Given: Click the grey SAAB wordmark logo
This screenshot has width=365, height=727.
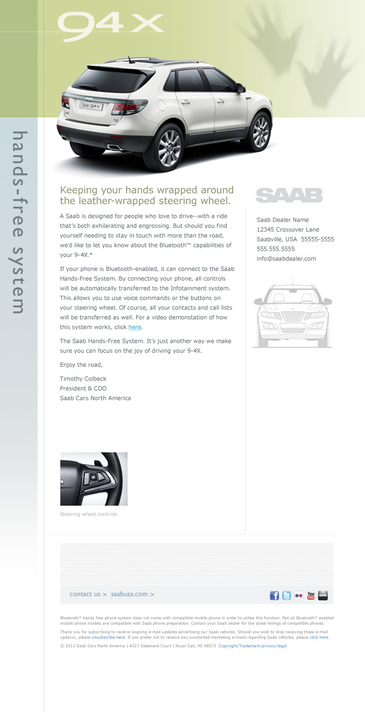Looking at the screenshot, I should [289, 195].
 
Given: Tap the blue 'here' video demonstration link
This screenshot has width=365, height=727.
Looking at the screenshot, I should [135, 327].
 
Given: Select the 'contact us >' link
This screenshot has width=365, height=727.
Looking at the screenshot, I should [88, 594].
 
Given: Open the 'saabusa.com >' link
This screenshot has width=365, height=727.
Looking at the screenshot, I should [132, 594].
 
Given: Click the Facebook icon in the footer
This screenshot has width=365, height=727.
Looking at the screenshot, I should [275, 595].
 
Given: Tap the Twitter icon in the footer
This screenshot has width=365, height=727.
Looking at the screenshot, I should [286, 595].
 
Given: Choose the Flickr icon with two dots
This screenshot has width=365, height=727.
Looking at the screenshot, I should [298, 595].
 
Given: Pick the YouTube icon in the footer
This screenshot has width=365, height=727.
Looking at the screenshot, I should [311, 595].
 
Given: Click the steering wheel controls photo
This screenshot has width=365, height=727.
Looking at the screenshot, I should [94, 479].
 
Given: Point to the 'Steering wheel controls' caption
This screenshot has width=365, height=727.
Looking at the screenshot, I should [88, 514].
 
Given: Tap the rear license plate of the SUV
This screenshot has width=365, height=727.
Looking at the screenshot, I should [91, 106].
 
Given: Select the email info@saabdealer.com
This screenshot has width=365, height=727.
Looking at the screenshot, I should [286, 258].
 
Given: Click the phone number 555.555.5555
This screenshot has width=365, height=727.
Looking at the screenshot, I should [276, 249].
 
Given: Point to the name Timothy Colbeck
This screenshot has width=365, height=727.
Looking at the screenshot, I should [83, 379].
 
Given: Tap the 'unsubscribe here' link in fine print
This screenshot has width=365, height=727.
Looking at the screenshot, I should [110, 637].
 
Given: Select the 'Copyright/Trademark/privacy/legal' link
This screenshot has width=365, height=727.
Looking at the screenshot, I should [252, 646].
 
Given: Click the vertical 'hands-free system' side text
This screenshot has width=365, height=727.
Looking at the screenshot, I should [19, 222].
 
